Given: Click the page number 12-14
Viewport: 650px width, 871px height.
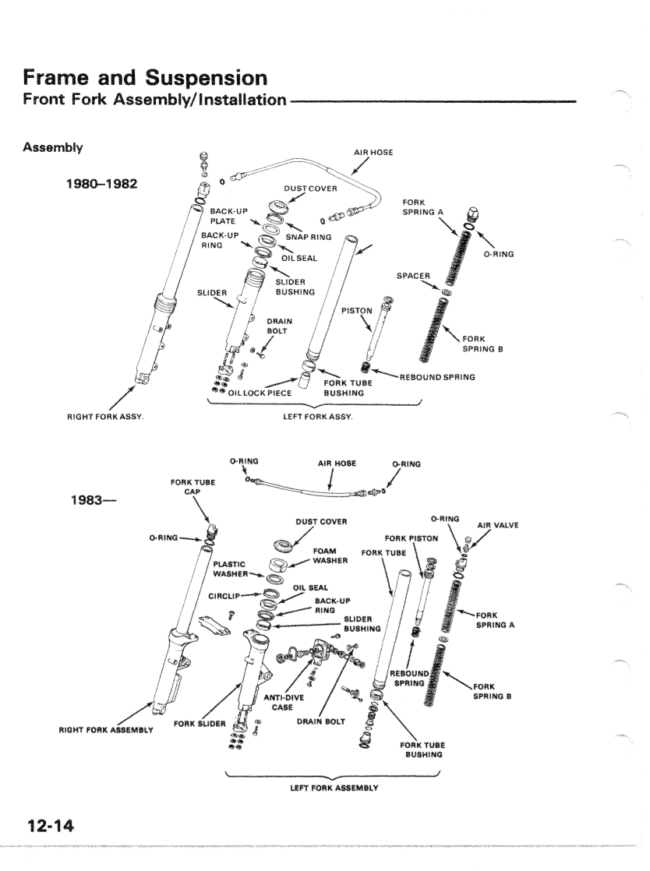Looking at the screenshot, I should [x=47, y=823].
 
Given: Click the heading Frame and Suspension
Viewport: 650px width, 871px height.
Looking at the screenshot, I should [x=145, y=78].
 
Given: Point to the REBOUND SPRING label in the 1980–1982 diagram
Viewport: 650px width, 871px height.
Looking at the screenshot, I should [x=437, y=378].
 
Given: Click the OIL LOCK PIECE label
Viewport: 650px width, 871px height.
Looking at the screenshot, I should [x=260, y=393].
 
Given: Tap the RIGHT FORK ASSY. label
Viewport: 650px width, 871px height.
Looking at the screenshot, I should [x=109, y=418].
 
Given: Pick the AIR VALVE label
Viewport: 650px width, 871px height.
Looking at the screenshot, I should [x=497, y=525].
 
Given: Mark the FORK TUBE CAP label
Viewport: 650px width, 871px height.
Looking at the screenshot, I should [x=193, y=486].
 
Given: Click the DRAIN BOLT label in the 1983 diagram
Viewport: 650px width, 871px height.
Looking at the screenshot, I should [x=320, y=721].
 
